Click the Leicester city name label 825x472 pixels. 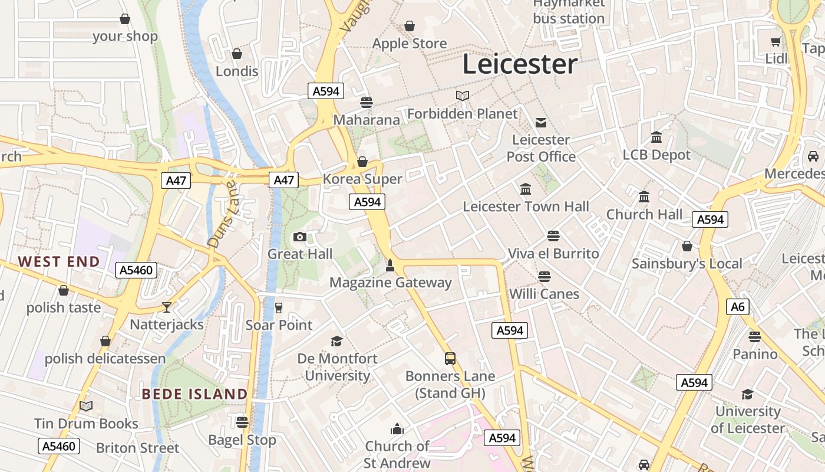(519, 64)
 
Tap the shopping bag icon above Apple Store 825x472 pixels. (410, 26)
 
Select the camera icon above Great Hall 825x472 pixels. (300, 237)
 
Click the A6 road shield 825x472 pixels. (737, 306)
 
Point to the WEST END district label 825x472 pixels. (58, 261)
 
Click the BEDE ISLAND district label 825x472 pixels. (195, 394)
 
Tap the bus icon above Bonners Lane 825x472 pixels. (450, 358)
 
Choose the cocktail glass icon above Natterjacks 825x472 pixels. (167, 307)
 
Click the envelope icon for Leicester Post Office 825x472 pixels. (541, 123)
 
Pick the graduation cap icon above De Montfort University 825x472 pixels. (337, 341)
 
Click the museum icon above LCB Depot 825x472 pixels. (656, 137)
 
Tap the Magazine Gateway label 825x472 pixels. (390, 283)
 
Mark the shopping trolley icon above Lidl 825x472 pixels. (776, 41)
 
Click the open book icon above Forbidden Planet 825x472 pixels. (463, 96)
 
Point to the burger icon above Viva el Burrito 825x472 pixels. (553, 236)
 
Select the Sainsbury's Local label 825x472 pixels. (687, 264)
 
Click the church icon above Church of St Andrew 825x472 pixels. (397, 428)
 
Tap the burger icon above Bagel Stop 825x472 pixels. (242, 422)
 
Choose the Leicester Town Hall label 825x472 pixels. (526, 206)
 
